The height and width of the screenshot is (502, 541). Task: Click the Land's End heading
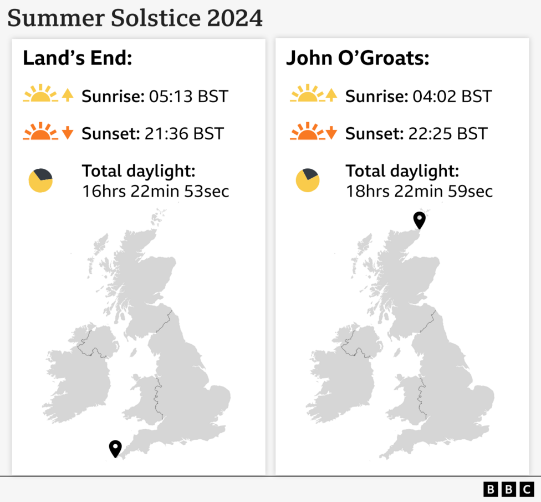pyautogui.click(x=78, y=58)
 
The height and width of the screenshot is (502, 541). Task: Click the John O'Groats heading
pyautogui.click(x=358, y=58)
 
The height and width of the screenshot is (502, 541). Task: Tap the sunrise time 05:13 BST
pyautogui.click(x=188, y=96)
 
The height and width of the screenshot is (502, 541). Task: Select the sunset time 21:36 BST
pyautogui.click(x=184, y=133)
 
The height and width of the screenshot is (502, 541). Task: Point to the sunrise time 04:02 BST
pyautogui.click(x=452, y=96)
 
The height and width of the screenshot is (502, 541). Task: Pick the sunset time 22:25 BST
pyautogui.click(x=448, y=133)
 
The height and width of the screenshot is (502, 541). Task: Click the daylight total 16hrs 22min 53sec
pyautogui.click(x=156, y=192)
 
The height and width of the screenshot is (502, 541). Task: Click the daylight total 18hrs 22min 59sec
pyautogui.click(x=420, y=192)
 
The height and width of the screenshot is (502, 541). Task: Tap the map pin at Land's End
pyautogui.click(x=115, y=448)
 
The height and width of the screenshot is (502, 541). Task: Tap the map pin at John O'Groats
pyautogui.click(x=420, y=220)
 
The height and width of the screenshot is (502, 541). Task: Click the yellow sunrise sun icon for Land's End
pyautogui.click(x=40, y=95)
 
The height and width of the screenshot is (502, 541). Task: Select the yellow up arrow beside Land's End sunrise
pyautogui.click(x=68, y=95)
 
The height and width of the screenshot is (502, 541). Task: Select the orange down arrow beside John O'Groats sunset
pyautogui.click(x=331, y=133)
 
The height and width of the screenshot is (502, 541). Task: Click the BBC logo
pyautogui.click(x=508, y=489)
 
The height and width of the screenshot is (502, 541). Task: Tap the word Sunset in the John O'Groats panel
pyautogui.click(x=370, y=133)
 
